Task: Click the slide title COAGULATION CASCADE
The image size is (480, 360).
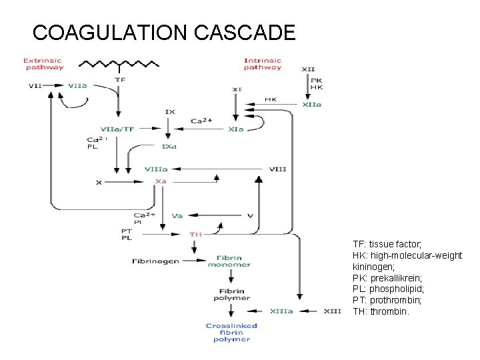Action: pyautogui.click(x=163, y=32)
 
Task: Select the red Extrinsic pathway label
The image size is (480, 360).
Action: pyautogui.click(x=43, y=64)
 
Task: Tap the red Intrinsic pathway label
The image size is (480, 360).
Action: pyautogui.click(x=263, y=64)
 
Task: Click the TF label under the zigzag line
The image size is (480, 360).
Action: pyautogui.click(x=120, y=79)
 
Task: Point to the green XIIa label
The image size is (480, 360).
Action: pyautogui.click(x=312, y=104)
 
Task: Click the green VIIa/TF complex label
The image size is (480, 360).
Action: pyautogui.click(x=117, y=129)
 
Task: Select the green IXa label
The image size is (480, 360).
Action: pyautogui.click(x=169, y=146)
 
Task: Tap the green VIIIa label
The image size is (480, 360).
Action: pyautogui.click(x=157, y=169)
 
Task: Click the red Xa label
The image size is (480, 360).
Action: pyautogui.click(x=161, y=181)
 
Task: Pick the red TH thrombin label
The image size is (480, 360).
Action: pyautogui.click(x=196, y=234)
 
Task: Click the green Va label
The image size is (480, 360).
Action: pyautogui.click(x=177, y=215)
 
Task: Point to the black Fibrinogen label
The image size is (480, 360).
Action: pyautogui.click(x=155, y=261)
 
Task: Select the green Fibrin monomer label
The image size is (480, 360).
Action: pyautogui.click(x=233, y=261)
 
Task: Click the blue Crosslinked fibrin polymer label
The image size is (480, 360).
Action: pyautogui.click(x=231, y=333)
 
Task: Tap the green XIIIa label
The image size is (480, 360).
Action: pyautogui.click(x=281, y=311)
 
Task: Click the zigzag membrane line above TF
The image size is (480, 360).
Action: pyautogui.click(x=120, y=65)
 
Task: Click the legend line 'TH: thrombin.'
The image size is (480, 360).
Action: pyautogui.click(x=381, y=311)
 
